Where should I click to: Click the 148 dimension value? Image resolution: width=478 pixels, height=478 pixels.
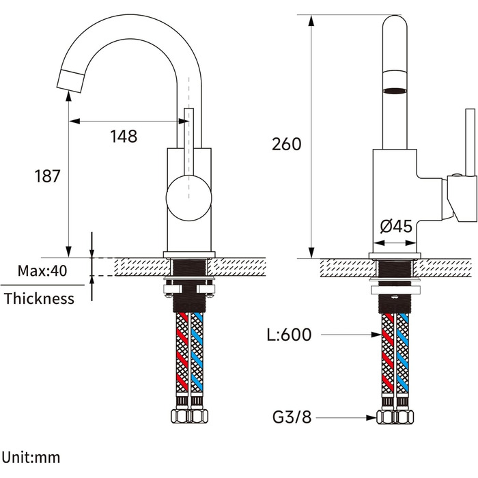(124, 137)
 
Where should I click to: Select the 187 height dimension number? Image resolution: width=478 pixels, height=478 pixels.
(48, 176)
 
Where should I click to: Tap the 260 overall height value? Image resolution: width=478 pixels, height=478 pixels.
(286, 144)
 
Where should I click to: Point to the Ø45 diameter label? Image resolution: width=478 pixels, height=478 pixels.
(396, 226)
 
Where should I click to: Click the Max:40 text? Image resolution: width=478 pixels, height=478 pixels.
(42, 270)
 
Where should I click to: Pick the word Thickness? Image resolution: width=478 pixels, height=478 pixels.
(39, 298)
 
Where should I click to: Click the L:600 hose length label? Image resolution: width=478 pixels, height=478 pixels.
(290, 335)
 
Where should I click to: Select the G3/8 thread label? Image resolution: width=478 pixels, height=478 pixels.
(292, 417)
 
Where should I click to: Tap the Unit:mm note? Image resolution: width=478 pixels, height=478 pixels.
(31, 458)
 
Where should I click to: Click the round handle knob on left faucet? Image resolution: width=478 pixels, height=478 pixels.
(188, 198)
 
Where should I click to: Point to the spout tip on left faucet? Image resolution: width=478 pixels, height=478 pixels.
(70, 81)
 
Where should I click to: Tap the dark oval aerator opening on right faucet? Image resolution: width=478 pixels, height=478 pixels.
(395, 91)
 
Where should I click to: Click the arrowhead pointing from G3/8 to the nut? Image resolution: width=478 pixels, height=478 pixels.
(371, 417)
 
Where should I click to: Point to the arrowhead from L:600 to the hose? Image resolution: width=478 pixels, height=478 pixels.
(376, 335)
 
